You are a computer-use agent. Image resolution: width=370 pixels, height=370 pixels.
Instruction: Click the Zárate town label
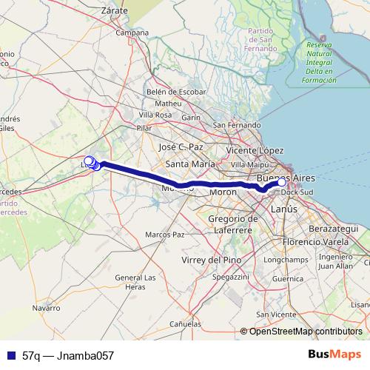coord(112,11)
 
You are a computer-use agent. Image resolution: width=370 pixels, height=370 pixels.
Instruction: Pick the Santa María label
coord(190,164)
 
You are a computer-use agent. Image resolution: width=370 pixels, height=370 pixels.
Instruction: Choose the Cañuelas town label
coord(185,324)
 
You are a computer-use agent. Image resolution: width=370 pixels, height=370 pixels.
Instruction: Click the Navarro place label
coord(46,307)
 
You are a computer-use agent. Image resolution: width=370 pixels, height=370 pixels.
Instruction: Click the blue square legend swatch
coord(10,355)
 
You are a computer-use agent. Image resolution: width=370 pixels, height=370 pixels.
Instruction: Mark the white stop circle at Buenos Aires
coord(280,181)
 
